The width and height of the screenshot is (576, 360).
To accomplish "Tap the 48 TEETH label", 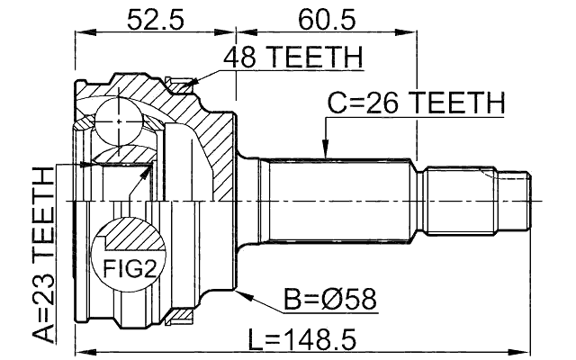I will point(292,58).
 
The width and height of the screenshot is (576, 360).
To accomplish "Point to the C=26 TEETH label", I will point(415,104).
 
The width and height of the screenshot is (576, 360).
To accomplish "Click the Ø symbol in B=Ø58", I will point(319,298).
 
